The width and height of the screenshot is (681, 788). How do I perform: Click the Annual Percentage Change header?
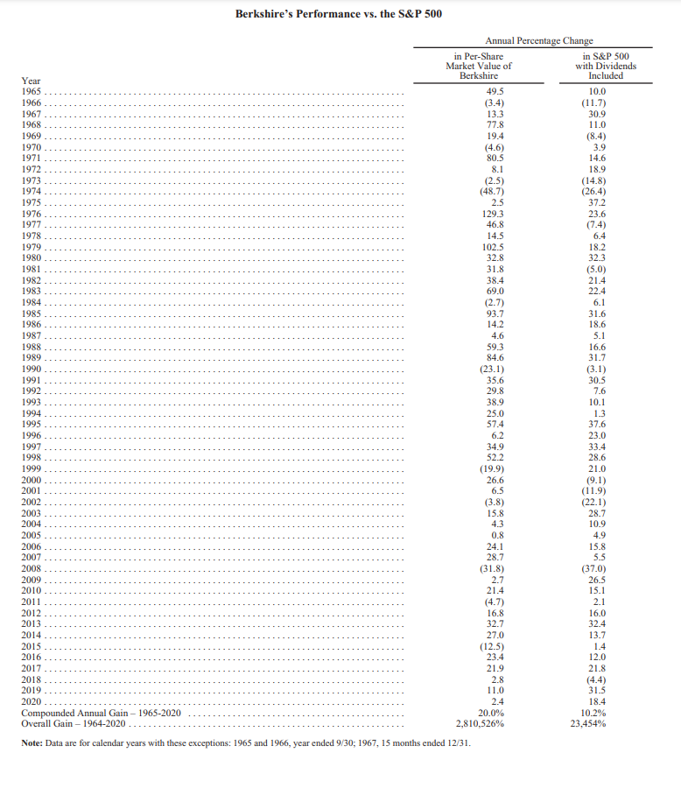pos(538,41)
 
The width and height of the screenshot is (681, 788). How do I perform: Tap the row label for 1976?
pos(31,214)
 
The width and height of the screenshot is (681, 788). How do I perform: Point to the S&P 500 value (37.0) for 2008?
pos(600,568)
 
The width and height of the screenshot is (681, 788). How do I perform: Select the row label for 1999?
pos(31,468)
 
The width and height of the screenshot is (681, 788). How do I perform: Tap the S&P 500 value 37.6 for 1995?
pos(600,424)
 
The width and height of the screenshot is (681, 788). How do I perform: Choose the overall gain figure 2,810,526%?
pos(479,724)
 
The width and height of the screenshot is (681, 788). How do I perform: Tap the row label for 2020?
pos(31,701)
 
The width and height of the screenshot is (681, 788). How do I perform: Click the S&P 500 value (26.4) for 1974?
pos(600,191)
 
